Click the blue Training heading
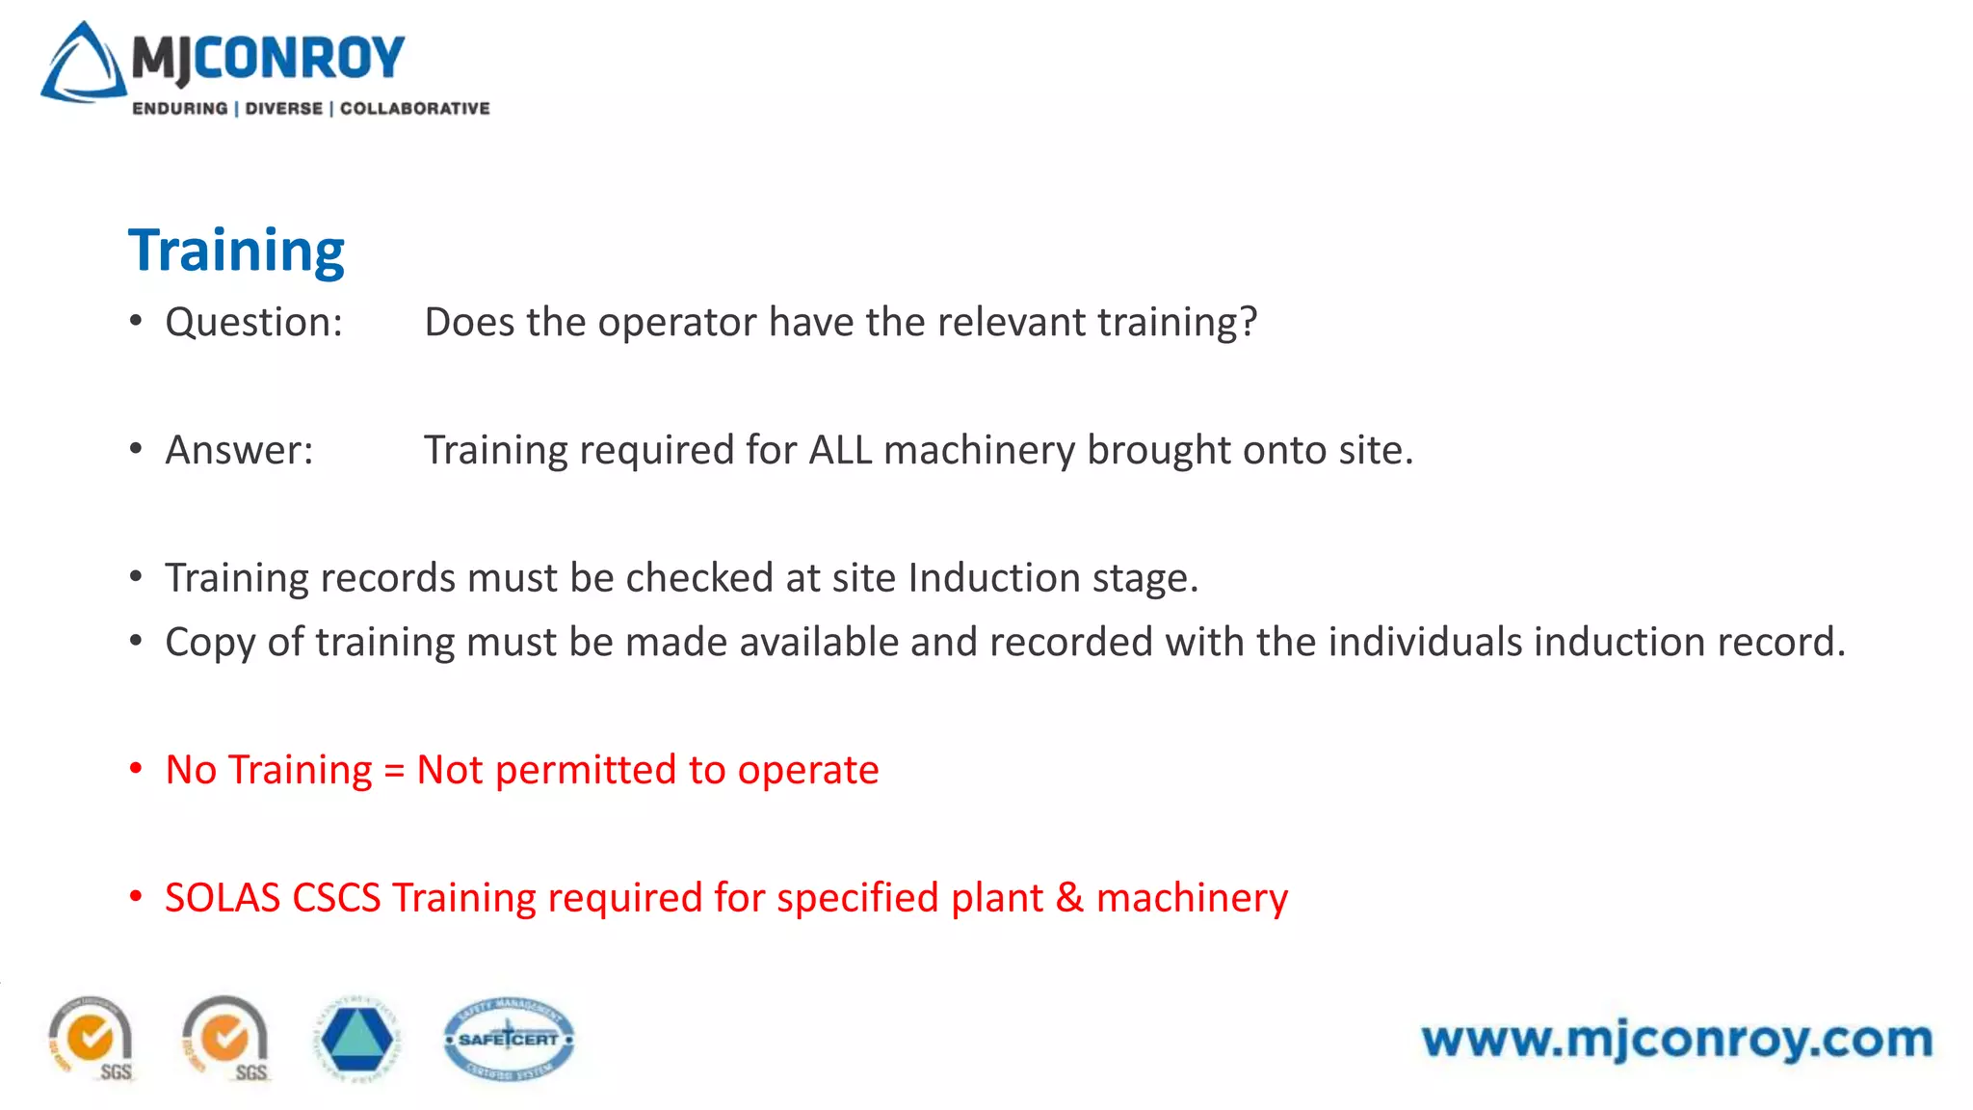[236, 251]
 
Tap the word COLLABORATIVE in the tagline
[415, 109]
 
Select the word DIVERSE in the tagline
[284, 109]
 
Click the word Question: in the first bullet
[253, 322]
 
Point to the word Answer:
[239, 450]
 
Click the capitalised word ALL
[840, 450]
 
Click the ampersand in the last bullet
[1069, 898]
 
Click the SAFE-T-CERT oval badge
[509, 1039]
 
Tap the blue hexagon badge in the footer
[356, 1039]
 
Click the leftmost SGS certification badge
[92, 1039]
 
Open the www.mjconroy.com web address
[1676, 1039]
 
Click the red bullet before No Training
[136, 769]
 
